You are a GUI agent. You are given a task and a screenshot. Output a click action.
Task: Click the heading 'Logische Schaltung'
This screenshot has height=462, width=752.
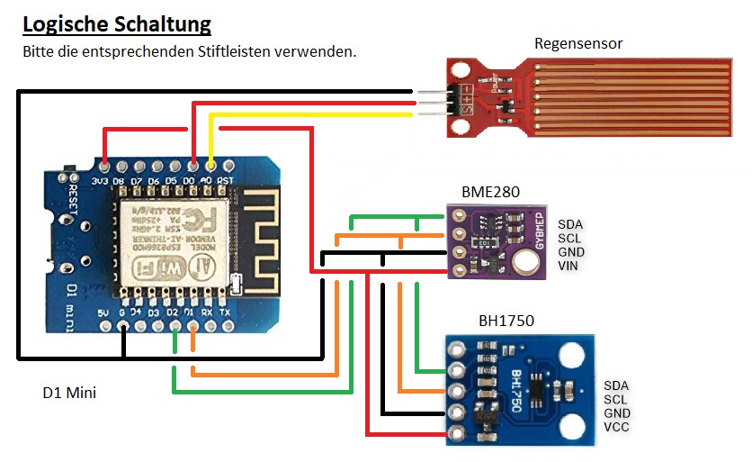tap(117, 23)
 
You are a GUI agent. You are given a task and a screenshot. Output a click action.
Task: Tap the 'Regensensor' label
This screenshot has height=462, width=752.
tap(578, 43)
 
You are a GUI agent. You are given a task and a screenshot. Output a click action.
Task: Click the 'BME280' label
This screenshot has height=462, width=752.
tap(490, 192)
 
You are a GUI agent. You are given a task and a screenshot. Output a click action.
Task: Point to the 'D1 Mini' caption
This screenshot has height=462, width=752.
tap(69, 393)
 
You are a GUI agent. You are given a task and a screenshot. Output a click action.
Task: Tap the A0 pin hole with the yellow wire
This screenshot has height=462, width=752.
tap(210, 166)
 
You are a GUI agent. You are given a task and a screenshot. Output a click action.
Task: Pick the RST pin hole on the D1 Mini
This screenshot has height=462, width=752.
tap(227, 166)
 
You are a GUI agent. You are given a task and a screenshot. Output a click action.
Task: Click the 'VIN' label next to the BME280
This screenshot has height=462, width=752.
tap(568, 267)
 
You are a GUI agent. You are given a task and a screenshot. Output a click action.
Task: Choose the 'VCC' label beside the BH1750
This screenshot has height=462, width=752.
tap(617, 427)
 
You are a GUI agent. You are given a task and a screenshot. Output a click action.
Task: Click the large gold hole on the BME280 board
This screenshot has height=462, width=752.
tap(527, 261)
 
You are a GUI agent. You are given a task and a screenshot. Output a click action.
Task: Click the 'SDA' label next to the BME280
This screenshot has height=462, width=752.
tap(569, 224)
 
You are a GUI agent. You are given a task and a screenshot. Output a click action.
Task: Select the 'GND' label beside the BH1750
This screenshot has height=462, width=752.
tap(618, 413)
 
